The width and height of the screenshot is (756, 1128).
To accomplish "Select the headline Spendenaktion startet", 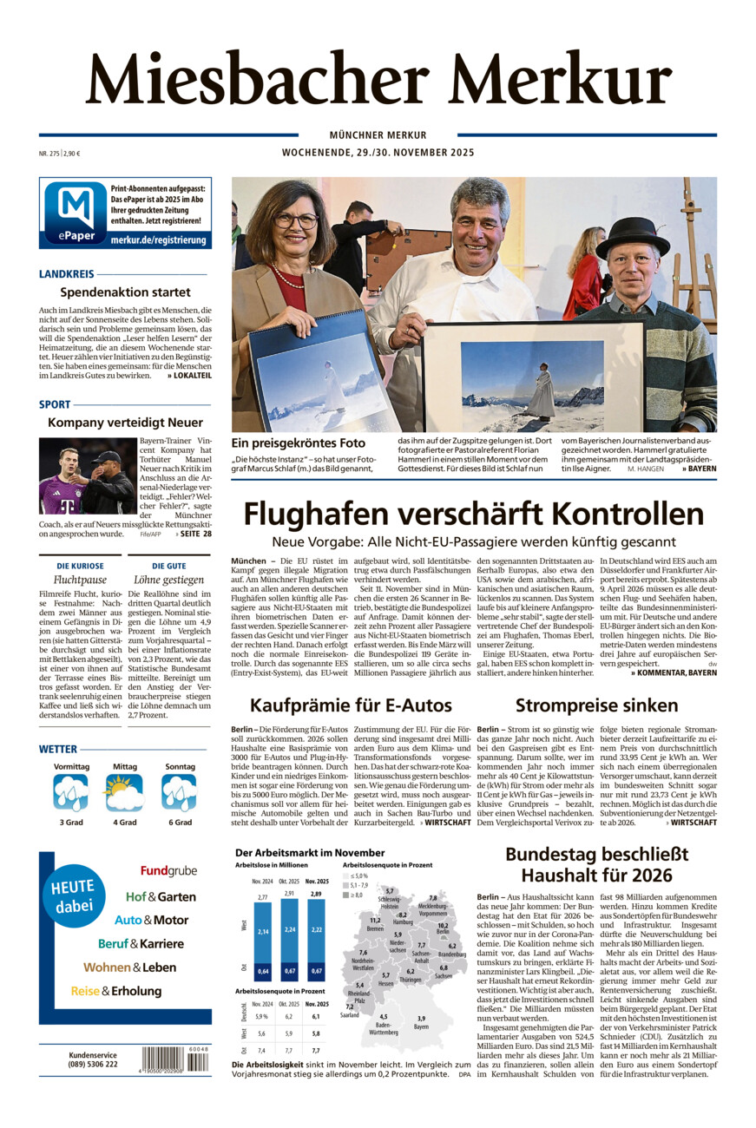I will pos(125,292).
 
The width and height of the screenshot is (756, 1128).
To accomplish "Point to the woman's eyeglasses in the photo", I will pos(296,220).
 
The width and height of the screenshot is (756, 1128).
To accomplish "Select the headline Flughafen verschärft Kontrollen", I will pos(473,514).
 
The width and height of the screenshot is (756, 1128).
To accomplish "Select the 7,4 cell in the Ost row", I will pos(260,1049).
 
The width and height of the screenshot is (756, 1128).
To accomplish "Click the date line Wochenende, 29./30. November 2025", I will pos(378,153).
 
